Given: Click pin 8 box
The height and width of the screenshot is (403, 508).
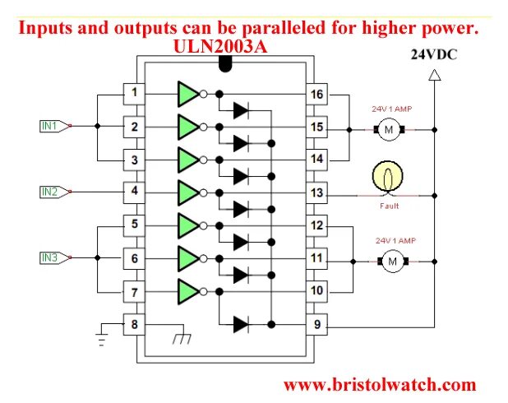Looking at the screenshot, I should (134, 324).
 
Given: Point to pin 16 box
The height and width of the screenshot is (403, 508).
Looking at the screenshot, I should (316, 94).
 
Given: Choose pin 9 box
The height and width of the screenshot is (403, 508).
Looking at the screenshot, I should (316, 324).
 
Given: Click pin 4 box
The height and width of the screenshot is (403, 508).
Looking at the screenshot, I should (134, 192).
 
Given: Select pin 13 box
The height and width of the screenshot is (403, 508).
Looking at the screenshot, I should (316, 192).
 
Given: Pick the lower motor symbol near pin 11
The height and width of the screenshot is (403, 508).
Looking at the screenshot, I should (392, 261).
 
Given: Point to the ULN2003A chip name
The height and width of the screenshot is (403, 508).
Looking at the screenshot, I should (220, 47).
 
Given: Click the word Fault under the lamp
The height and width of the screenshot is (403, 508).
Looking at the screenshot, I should (390, 206).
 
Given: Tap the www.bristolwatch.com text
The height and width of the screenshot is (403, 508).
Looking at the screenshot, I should (379, 384).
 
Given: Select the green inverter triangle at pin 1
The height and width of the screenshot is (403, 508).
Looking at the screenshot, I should (187, 93).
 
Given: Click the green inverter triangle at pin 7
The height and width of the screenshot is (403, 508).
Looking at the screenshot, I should (187, 291).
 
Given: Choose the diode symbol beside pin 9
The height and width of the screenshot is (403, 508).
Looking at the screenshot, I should (241, 324).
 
